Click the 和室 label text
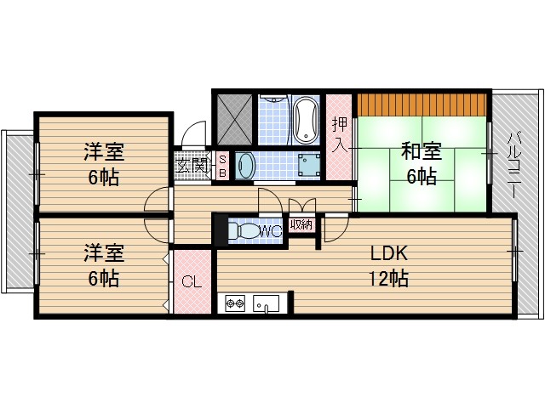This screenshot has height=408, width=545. point(421,152)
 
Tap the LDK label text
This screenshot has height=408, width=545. point(390,253)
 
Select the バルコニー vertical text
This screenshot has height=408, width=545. point(515,164)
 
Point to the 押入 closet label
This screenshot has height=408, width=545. point(340,133)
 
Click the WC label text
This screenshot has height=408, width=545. point(271,230)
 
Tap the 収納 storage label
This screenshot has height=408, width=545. point(300,225)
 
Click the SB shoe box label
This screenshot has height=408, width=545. point(222,165)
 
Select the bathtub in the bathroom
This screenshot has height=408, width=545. point(305,120)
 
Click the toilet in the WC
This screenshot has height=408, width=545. point(244,230)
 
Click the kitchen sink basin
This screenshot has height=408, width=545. point(265,303)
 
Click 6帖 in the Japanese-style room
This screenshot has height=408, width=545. point(421,177)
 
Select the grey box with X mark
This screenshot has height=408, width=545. point(233,120)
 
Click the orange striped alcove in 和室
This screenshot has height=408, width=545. point(421,103)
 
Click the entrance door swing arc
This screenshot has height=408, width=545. point(194,136)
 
